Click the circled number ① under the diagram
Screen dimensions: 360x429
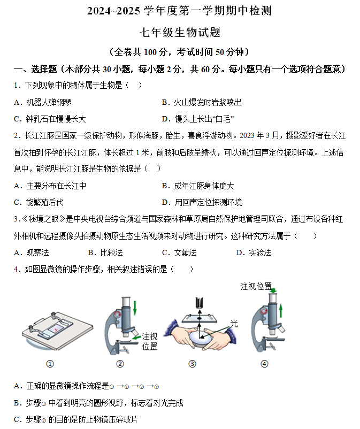50,364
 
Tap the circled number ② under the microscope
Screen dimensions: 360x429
120,364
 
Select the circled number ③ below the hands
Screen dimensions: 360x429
193,364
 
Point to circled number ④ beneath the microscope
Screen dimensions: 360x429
264,364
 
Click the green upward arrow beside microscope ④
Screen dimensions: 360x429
281,311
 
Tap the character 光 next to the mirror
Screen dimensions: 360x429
234,324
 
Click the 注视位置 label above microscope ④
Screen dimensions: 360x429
256,287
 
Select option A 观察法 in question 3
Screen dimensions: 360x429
32,252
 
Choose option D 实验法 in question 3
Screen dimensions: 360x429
254,252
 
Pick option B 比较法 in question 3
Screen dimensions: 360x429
105,252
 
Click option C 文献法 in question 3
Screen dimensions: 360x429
179,252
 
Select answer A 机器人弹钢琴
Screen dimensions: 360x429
43,102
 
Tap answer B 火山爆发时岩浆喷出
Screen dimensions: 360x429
202,102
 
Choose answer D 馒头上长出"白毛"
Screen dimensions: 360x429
198,119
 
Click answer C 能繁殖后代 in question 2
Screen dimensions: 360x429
39,202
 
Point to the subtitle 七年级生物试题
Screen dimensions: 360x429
180,32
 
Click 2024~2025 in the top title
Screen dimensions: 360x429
113,11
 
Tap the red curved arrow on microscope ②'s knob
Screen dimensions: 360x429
118,315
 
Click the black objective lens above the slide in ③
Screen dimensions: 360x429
200,302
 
